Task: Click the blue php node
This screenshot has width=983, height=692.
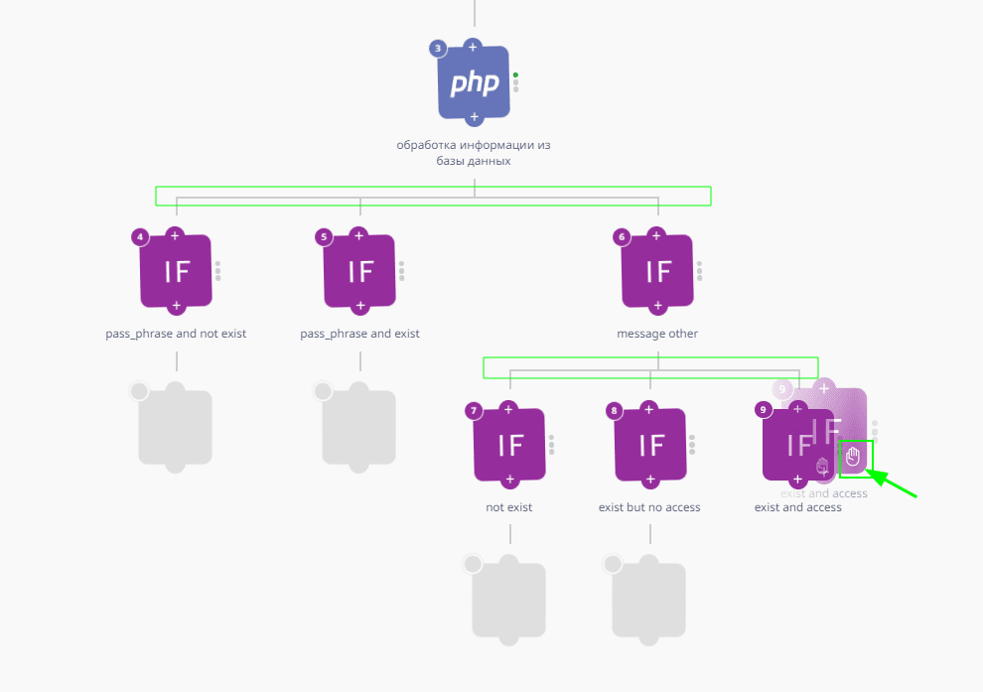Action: click(474, 82)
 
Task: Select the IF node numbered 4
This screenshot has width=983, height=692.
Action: click(176, 271)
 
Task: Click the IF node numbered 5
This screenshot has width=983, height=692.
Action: click(359, 271)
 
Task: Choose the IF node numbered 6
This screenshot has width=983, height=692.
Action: click(656, 271)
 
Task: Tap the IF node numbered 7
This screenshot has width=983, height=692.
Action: click(509, 445)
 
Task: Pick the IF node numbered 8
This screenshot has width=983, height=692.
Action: click(650, 445)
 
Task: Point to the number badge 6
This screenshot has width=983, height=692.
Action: click(622, 236)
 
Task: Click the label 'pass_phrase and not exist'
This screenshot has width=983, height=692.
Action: click(176, 334)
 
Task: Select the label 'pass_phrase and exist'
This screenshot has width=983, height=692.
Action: click(359, 334)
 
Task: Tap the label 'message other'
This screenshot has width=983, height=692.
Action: click(656, 334)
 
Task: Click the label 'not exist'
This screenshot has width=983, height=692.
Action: click(508, 507)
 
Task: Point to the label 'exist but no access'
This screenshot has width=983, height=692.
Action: click(649, 507)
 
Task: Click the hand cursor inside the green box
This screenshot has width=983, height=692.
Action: click(854, 458)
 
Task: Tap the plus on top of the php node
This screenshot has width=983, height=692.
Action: click(474, 47)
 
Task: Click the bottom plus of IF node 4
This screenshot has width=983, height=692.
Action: click(176, 306)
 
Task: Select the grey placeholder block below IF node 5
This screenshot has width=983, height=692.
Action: click(359, 426)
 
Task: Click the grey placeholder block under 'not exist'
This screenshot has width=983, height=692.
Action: click(509, 600)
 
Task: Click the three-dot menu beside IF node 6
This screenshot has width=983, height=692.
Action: click(699, 270)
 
